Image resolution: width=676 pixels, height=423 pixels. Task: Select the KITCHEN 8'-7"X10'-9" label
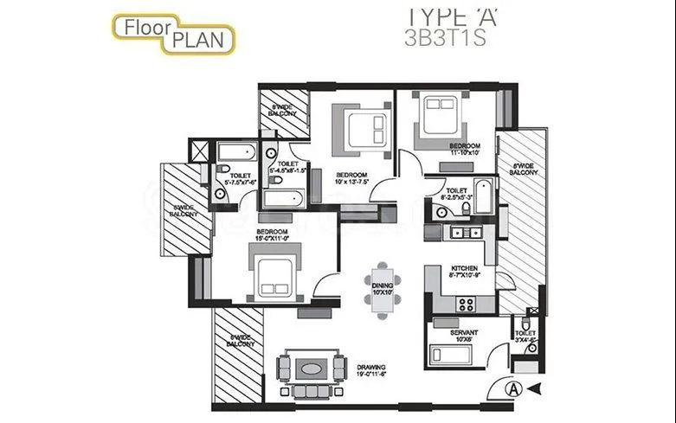464,273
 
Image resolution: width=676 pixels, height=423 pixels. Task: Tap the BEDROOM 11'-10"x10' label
464,149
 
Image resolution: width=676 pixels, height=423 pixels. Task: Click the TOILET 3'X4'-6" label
525,336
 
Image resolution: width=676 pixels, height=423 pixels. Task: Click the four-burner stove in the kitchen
466,304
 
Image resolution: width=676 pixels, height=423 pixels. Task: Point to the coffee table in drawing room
312,368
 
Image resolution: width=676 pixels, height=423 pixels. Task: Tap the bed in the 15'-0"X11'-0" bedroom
275,268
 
